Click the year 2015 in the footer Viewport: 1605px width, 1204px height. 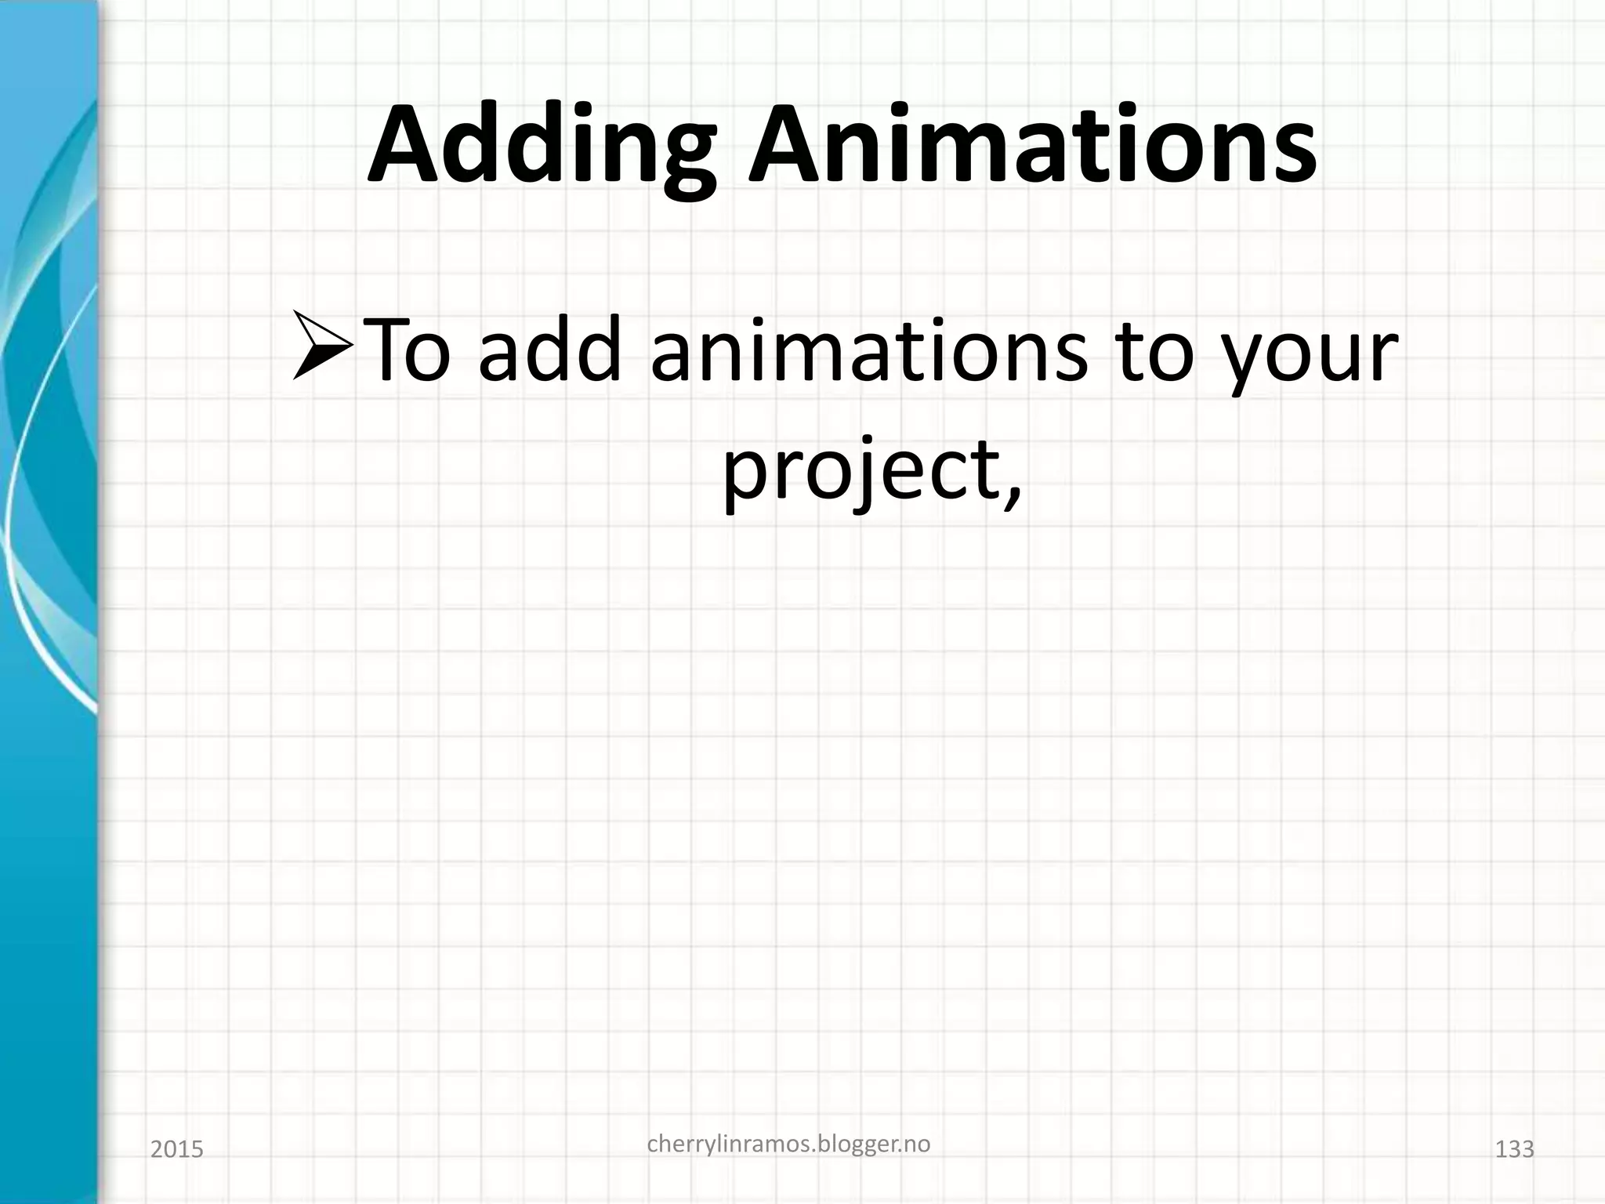pyautogui.click(x=176, y=1150)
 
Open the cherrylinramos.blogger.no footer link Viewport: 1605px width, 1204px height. pyautogui.click(x=788, y=1144)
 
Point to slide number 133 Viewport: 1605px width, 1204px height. pyautogui.click(x=1514, y=1150)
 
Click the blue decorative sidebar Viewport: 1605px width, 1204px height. pyautogui.click(x=47, y=602)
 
